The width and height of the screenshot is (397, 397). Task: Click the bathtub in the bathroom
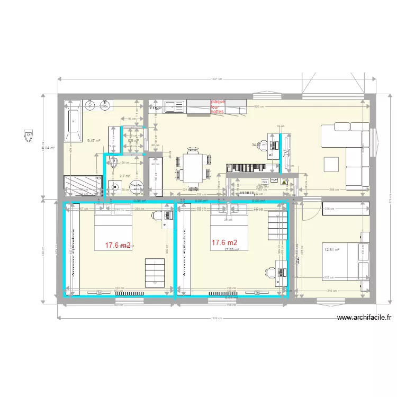pos(72,127)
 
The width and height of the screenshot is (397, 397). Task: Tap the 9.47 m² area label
pos(94,141)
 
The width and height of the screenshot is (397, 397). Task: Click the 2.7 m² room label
pos(124,176)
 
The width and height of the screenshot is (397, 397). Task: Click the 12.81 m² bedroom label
pos(332,249)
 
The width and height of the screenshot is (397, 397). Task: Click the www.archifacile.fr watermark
pos(364,318)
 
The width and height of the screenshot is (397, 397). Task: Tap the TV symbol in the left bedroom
pos(98,292)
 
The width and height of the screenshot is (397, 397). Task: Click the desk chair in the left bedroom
pos(157,215)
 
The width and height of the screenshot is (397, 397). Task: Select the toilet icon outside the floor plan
pos(28,137)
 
